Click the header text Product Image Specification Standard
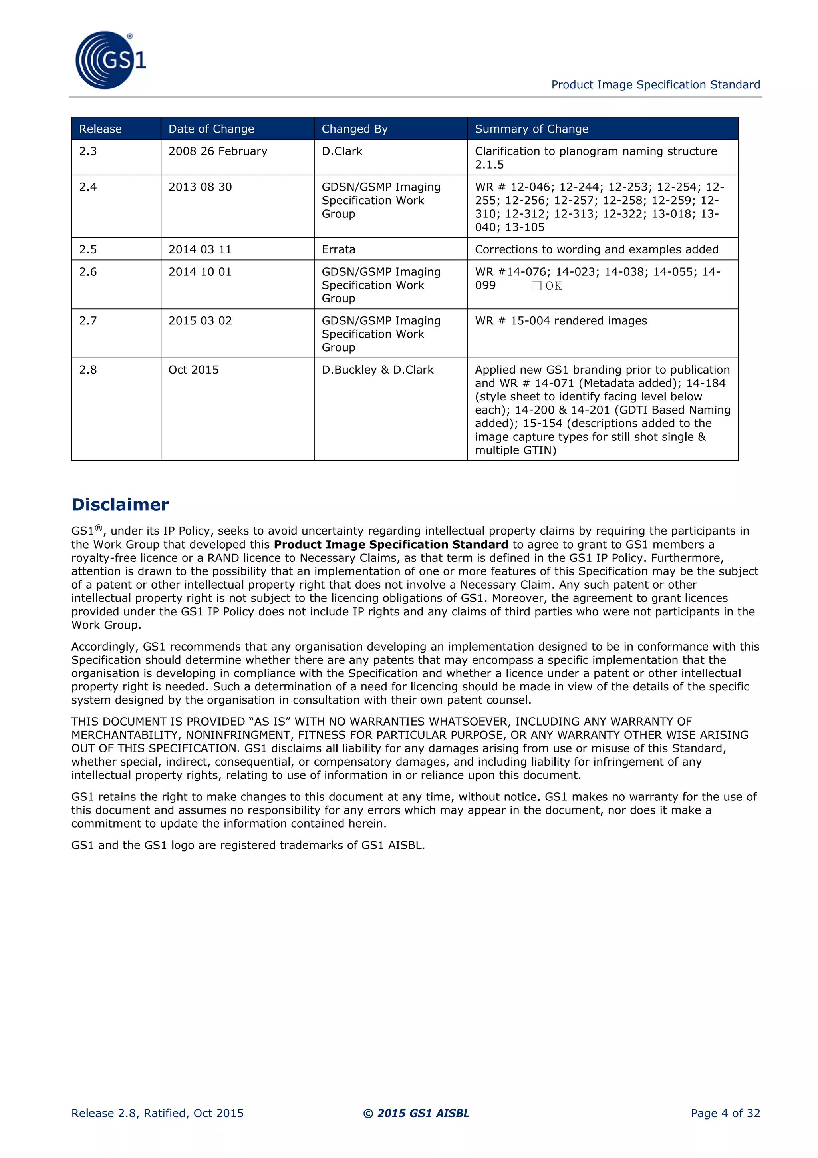point(655,85)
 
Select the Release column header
point(100,129)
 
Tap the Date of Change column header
point(211,129)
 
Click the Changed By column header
point(354,129)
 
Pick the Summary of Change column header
point(531,129)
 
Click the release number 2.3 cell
point(88,151)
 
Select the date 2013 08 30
point(200,187)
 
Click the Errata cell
point(338,250)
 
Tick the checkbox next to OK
point(536,286)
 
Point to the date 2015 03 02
point(200,321)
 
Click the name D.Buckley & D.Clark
point(377,370)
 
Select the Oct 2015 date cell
point(194,370)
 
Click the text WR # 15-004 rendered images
point(560,321)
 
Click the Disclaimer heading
point(120,505)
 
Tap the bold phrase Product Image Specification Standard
point(391,545)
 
